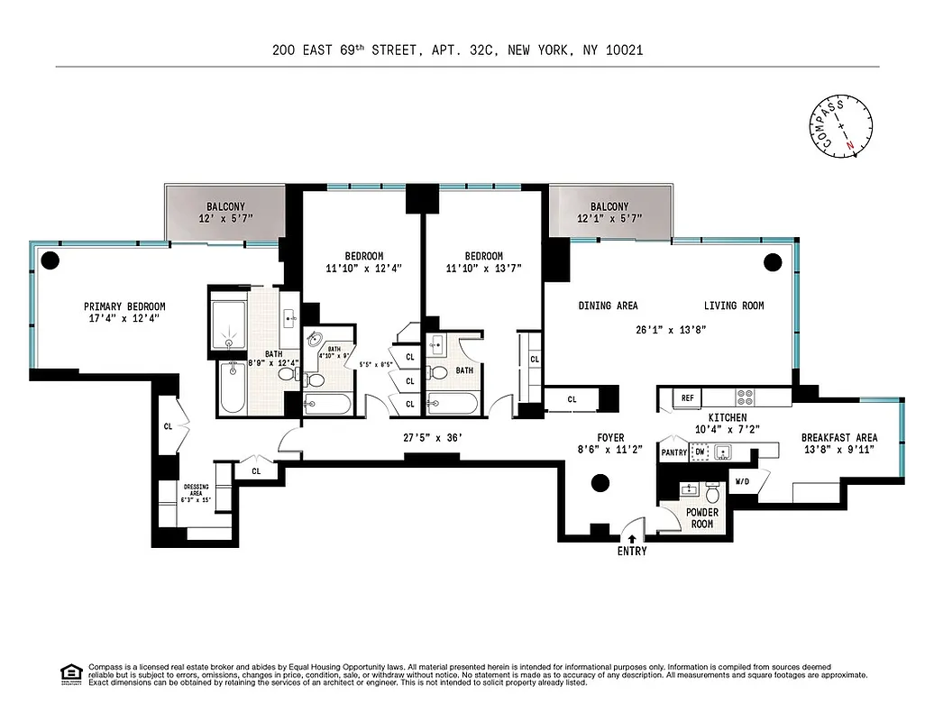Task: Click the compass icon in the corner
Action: (x=845, y=125)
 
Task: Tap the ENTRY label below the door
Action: (x=631, y=551)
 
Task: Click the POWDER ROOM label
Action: (x=701, y=518)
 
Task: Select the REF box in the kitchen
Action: (x=688, y=397)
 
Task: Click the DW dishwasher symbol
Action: (x=700, y=452)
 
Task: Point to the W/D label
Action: (x=742, y=481)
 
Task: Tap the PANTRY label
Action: (x=674, y=452)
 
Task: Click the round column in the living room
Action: (x=772, y=262)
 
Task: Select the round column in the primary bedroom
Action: (x=50, y=262)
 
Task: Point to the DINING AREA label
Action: (x=608, y=306)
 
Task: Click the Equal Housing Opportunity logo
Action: (x=69, y=672)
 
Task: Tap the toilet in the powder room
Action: (x=712, y=493)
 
